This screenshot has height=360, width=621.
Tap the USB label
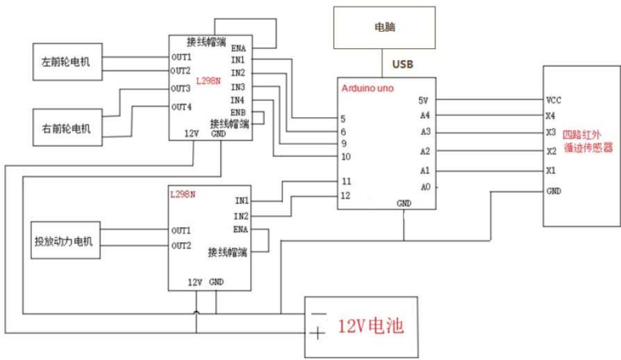click(402, 65)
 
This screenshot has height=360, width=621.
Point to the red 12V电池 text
click(372, 327)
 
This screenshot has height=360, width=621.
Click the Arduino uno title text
click(367, 88)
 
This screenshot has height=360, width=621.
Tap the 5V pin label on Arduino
click(424, 100)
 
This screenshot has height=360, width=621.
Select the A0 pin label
click(426, 187)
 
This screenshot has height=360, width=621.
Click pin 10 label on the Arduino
click(346, 157)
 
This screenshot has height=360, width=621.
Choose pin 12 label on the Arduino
click(346, 195)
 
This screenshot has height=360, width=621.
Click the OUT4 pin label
click(181, 107)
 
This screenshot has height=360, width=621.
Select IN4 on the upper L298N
click(238, 100)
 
